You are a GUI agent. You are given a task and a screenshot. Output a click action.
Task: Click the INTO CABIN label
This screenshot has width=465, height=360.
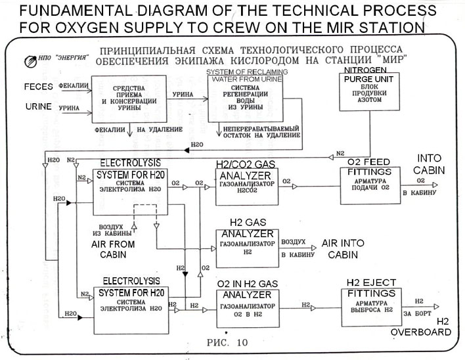pyautogui.click(x=430, y=164)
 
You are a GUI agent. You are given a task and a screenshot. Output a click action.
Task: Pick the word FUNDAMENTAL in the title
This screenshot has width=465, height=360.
pyautogui.click(x=62, y=11)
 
